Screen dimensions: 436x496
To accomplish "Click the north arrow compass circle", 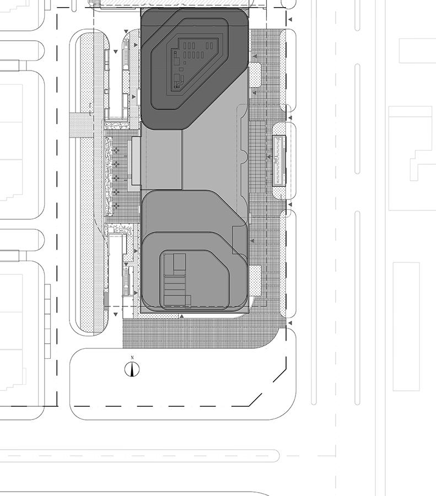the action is coord(132,369).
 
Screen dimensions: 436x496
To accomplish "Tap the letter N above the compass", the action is coord(132,358).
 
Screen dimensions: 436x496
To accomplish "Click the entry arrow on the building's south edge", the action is coord(181,316).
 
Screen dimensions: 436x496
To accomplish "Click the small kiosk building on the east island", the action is coord(279,160).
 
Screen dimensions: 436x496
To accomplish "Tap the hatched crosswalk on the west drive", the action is coord(82,125).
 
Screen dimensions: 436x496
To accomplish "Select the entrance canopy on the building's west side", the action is coord(136,161).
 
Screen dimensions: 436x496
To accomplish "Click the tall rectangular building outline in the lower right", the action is coord(406,326).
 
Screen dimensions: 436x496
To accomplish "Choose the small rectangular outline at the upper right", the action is coord(417,51).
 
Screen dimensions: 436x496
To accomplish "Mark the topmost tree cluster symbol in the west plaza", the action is coord(116,150).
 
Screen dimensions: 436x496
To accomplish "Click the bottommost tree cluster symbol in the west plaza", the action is coord(116,206).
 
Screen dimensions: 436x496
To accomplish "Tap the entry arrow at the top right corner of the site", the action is coord(290,20).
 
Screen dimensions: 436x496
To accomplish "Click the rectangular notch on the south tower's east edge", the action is coord(240,240).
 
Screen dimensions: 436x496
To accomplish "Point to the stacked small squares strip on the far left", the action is coord(47,321).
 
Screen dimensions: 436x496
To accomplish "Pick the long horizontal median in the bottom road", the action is coord(139,456).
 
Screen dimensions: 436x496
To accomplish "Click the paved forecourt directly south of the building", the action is coord(200,333).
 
